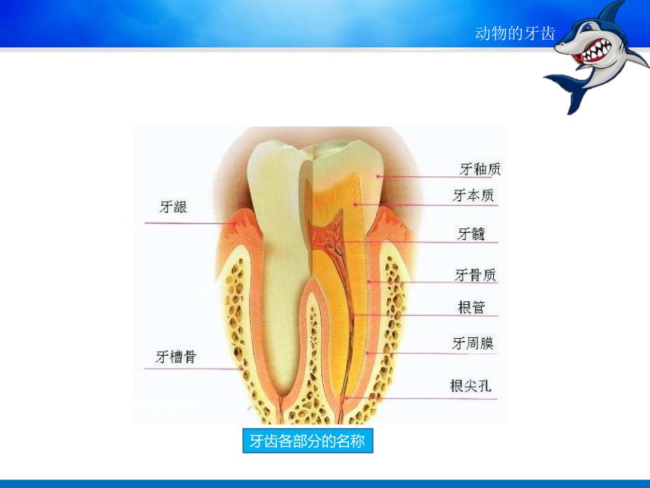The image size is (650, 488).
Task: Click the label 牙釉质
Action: [x=480, y=168]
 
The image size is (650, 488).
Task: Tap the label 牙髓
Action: [x=471, y=233]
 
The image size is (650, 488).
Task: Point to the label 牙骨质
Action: [x=475, y=274]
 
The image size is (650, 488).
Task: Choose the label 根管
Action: [x=472, y=307]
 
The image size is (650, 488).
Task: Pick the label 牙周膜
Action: [x=473, y=344]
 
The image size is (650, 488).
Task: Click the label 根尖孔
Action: [x=471, y=386]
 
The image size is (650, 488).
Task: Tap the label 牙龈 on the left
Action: [x=173, y=207]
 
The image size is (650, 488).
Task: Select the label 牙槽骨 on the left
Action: [x=176, y=357]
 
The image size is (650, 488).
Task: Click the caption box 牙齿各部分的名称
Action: [x=307, y=442]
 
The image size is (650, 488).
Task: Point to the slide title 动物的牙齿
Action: [x=516, y=34]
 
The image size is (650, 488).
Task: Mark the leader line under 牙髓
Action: [x=424, y=243]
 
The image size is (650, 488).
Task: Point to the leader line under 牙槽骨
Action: [x=198, y=368]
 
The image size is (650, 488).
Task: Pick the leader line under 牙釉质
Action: [x=438, y=177]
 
